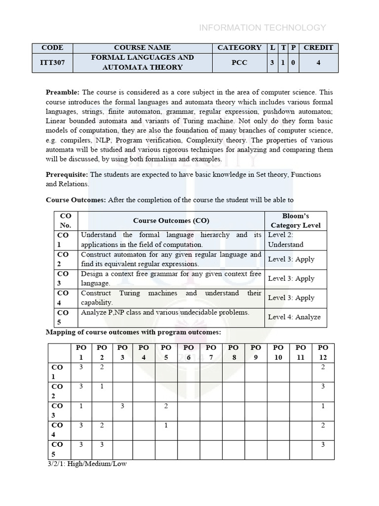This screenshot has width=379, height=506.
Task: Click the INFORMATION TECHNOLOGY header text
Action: tap(262, 28)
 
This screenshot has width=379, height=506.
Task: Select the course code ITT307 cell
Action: tap(52, 62)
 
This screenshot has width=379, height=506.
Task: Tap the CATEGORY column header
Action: tap(239, 48)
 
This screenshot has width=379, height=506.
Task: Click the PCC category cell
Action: tap(239, 62)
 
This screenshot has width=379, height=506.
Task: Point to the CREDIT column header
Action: tap(318, 48)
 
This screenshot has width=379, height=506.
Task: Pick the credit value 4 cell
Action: tap(318, 62)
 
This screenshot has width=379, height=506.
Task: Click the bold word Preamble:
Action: tap(63, 92)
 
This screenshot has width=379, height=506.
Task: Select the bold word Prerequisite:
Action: tap(67, 174)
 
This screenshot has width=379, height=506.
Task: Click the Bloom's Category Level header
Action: tap(296, 221)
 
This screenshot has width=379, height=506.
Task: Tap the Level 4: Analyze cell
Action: tap(294, 317)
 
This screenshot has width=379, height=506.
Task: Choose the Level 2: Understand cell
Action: tap(287, 240)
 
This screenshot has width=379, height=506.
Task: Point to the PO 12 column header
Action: tap(323, 352)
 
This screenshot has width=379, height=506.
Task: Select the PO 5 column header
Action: tap(166, 352)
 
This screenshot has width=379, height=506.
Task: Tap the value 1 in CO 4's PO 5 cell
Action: tap(166, 425)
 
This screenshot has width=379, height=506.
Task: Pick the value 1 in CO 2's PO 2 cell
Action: tap(102, 386)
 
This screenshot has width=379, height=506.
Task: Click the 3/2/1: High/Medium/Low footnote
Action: tap(86, 464)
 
